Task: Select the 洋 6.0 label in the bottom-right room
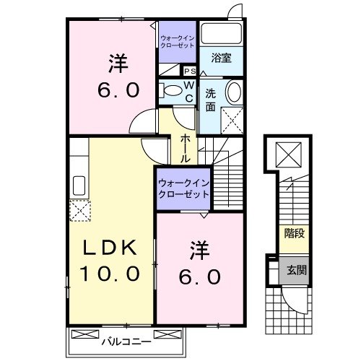coord(199,264)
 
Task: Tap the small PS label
coord(190,71)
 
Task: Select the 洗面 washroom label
coord(210,99)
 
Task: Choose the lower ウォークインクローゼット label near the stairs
coord(183,189)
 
